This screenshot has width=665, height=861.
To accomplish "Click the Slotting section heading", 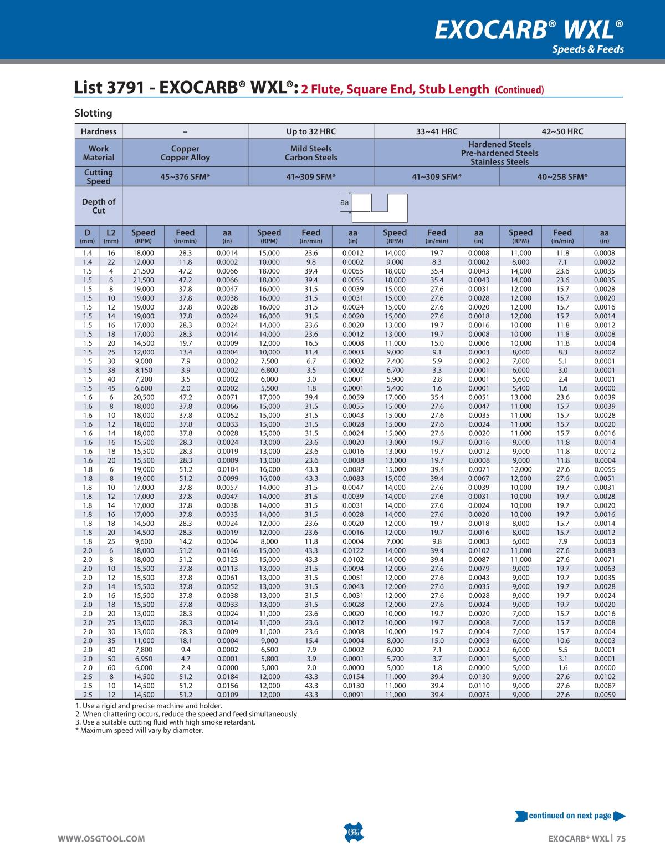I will [93, 113].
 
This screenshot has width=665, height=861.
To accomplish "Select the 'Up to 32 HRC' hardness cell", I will [311, 131].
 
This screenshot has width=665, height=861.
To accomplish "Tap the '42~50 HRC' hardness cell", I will [562, 131].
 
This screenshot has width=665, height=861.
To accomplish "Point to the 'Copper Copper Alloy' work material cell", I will [185, 153].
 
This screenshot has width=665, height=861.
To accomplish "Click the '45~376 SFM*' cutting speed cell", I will [185, 176].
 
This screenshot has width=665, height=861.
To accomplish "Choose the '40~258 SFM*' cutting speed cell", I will [562, 176].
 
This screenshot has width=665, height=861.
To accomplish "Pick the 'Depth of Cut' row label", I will [99, 206].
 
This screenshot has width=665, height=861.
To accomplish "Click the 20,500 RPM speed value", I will [144, 397].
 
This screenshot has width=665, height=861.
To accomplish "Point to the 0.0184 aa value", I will [227, 677].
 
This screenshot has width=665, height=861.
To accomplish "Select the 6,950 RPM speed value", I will [144, 659].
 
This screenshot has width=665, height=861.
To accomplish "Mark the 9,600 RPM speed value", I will [144, 541].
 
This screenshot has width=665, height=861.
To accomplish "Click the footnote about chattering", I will [187, 713].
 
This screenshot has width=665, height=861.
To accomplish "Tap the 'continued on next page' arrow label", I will [570, 816].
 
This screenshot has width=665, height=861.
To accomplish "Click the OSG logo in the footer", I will [353, 833].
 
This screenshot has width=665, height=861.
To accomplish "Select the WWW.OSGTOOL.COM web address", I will [101, 839].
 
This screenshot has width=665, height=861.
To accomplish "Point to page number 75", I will [621, 839].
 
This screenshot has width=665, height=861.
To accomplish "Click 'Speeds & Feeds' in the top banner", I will [587, 49].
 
